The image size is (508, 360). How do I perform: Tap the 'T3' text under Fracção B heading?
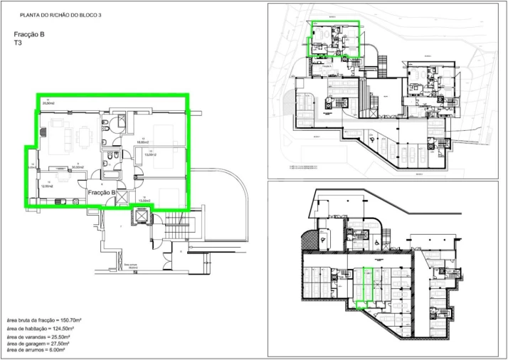18,43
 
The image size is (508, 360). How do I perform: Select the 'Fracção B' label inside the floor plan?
102,192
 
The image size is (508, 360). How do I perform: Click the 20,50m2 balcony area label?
48,104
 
